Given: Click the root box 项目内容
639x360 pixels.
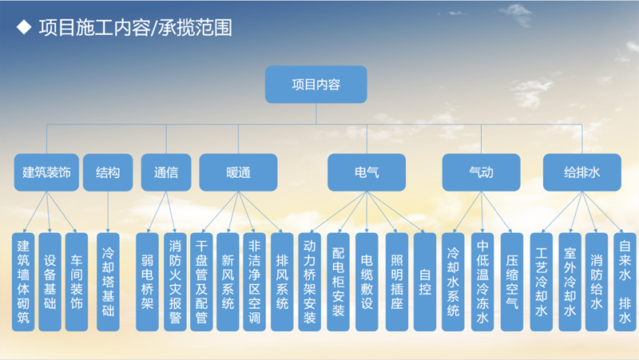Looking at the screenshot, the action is coord(316,85).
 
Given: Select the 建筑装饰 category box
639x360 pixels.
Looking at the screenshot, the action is coord(46,172).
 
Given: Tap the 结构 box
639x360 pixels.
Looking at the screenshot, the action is coord(108,172).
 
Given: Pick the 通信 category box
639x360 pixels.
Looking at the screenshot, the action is coord(166,172).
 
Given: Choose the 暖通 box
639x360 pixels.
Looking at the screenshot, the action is coord(238,172).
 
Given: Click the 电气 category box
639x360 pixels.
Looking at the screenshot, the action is coord(367,172).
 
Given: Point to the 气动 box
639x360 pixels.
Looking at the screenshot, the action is coord(482,172).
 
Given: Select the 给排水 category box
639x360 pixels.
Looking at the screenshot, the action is coord(582,172).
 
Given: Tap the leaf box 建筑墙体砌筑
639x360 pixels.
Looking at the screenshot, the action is coord(23,282).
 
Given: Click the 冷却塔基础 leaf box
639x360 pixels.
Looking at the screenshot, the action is coord(108,282).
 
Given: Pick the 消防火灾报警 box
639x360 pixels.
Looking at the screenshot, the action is coord(175,282).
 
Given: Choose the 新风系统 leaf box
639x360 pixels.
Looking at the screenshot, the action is coord(228,282).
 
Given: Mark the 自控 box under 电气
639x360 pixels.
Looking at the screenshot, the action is coord(425,282).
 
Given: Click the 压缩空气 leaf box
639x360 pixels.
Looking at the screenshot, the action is coord(512,282).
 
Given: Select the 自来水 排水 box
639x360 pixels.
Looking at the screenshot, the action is coord(625,282).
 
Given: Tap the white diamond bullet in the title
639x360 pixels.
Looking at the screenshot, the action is coord(24,27).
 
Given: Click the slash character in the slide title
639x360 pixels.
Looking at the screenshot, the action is coord(154,28).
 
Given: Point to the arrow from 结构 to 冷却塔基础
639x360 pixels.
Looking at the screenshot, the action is coord(108,212).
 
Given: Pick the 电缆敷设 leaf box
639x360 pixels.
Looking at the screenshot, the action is coord(367,282).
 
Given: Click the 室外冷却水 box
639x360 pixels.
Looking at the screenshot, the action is coord(570,282).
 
